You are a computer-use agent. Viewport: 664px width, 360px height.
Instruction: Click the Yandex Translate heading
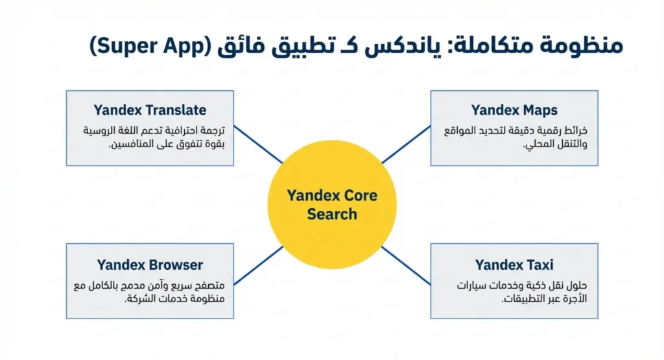click(x=150, y=110)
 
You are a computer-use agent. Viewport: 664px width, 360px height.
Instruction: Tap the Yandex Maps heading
click(x=514, y=110)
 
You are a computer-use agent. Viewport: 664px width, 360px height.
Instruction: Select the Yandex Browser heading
click(x=150, y=265)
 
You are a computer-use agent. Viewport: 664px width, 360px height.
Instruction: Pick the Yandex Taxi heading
click(x=514, y=265)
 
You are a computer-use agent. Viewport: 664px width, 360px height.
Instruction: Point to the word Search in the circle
click(x=332, y=214)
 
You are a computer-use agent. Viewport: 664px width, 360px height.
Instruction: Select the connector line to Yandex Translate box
click(x=258, y=144)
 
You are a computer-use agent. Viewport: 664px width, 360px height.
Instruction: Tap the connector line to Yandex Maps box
click(x=406, y=144)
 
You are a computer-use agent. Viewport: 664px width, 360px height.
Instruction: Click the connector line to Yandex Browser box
click(x=258, y=265)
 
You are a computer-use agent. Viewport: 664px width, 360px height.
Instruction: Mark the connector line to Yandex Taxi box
click(x=406, y=265)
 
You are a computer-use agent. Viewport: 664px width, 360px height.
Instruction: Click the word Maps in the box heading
click(x=539, y=110)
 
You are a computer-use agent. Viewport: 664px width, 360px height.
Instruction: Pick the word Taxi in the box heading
click(x=539, y=265)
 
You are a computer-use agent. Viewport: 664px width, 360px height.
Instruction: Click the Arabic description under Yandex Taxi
click(x=522, y=292)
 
